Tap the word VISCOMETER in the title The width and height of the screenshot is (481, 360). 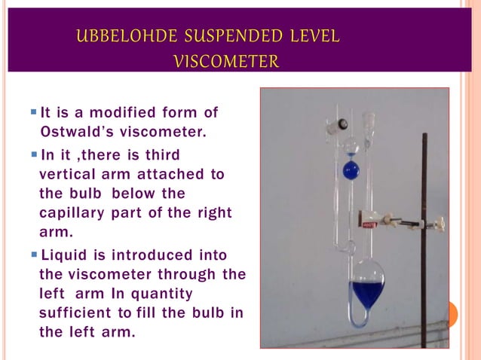pos(226,61)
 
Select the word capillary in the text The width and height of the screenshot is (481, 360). pos(71,212)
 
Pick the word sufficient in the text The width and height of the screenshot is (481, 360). pos(74,313)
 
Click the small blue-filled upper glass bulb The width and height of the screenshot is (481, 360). pos(351,169)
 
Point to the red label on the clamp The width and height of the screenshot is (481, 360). pos(369,224)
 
